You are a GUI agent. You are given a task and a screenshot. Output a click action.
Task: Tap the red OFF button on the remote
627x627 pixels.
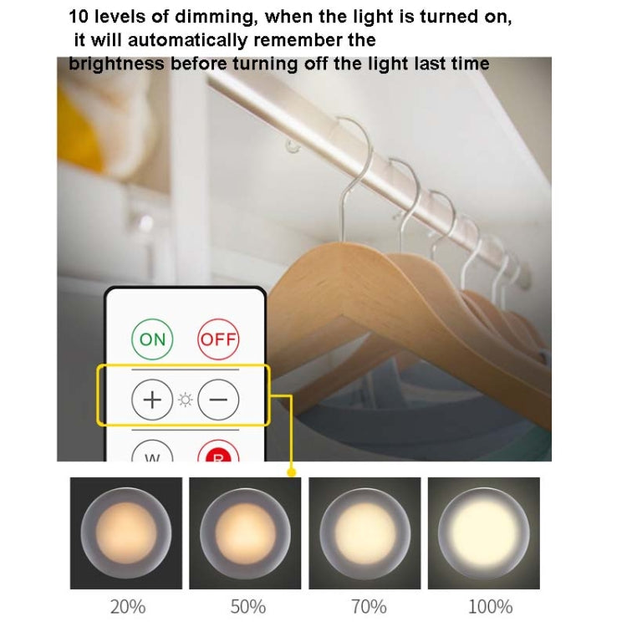tap(218, 339)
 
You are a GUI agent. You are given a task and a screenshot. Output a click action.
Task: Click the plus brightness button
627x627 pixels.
tap(152, 399)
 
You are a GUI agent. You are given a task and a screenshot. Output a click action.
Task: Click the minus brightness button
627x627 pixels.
tap(218, 399)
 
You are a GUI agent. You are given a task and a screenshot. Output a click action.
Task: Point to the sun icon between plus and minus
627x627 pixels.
tap(185, 400)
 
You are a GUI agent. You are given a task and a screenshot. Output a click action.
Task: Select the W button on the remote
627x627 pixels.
tap(152, 453)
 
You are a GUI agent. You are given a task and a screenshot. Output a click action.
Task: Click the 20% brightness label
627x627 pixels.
tap(127, 606)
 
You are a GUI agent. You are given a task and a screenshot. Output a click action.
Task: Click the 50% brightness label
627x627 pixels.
tap(247, 606)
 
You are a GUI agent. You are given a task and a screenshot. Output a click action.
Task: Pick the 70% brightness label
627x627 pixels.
tap(368, 606)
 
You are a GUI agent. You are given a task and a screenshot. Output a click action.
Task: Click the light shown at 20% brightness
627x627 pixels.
tap(127, 533)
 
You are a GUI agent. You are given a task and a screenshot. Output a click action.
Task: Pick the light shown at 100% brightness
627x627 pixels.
tap(484, 533)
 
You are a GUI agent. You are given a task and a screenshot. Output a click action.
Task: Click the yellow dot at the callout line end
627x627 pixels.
tap(291, 472)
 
